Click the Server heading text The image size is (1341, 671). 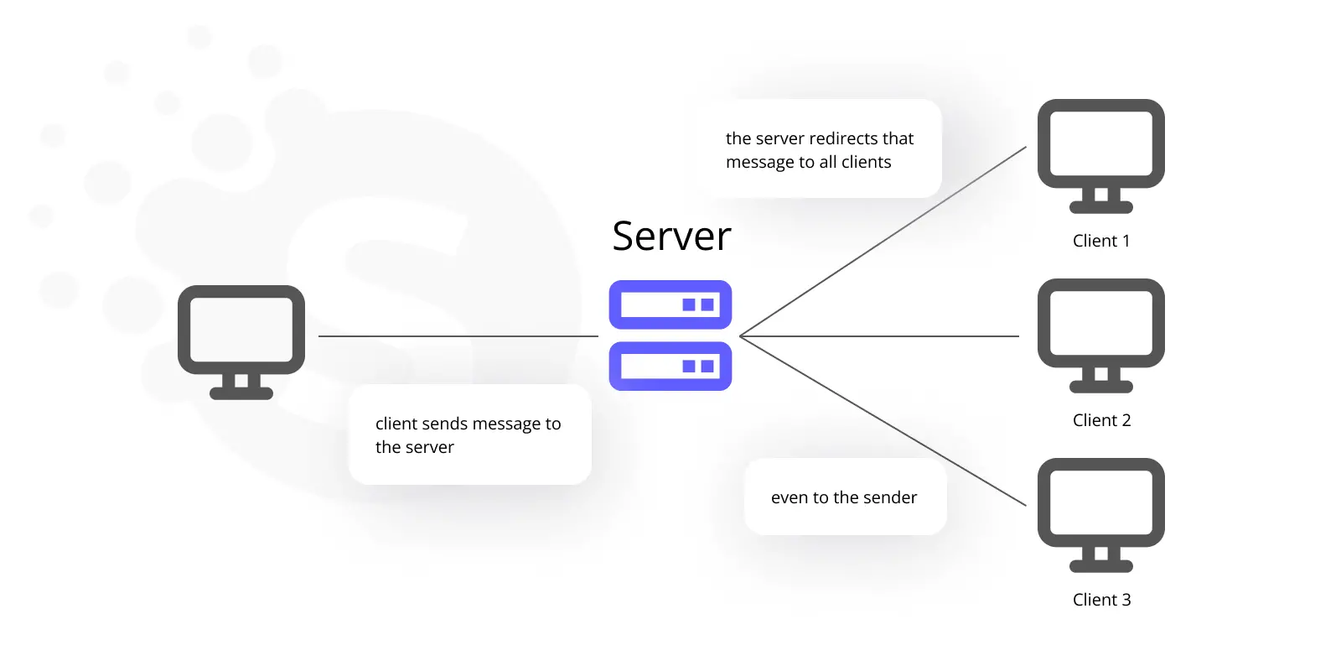(671, 236)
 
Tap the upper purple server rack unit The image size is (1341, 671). (670, 304)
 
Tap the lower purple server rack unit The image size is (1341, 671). (670, 366)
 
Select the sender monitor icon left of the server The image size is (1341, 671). (241, 342)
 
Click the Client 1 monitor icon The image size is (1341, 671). (1101, 156)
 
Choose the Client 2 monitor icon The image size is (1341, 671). (1101, 335)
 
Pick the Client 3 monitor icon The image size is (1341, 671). (1101, 515)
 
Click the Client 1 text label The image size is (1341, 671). (1101, 241)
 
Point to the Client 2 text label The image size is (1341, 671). (1101, 420)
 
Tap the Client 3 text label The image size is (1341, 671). (1101, 600)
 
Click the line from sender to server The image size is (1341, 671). (458, 336)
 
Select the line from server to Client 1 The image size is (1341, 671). (883, 242)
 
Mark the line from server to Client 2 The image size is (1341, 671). (879, 336)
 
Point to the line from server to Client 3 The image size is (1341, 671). (883, 420)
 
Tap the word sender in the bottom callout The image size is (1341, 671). (890, 497)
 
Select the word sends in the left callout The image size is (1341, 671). (442, 424)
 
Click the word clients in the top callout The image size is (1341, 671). (867, 162)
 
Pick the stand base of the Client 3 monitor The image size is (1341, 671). (1101, 567)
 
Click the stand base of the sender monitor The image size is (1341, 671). (241, 393)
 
